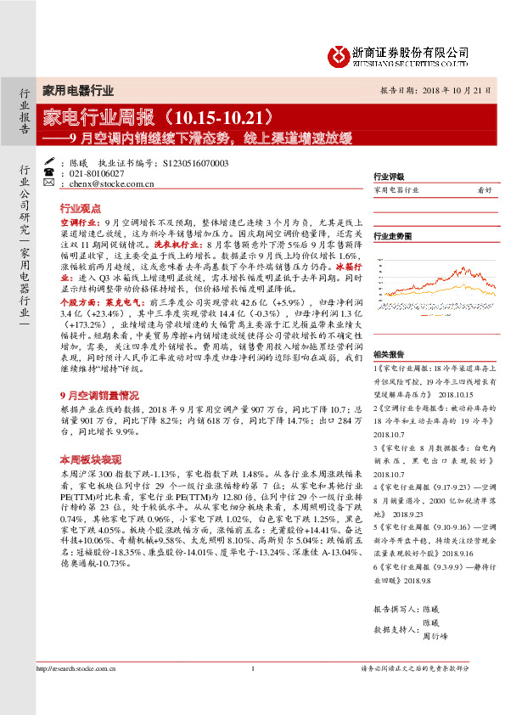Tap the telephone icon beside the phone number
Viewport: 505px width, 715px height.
(49, 172)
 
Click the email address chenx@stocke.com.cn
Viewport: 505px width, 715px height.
(103, 183)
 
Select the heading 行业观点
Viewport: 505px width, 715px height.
(81, 208)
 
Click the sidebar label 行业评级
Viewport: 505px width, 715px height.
(389, 178)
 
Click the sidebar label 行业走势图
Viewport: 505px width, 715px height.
(392, 235)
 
